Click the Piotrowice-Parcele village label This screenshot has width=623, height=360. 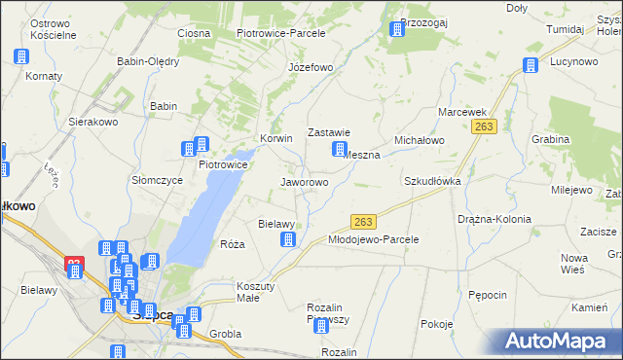click(280, 33)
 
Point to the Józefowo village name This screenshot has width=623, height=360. click(311, 68)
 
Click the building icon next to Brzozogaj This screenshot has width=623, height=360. click(397, 29)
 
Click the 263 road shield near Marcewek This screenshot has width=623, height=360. click(486, 126)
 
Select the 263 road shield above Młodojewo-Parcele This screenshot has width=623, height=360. click(363, 222)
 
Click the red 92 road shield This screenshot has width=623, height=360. click(75, 264)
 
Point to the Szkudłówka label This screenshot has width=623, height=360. click(432, 182)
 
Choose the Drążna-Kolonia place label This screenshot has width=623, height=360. click(495, 219)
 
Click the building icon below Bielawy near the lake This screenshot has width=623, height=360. click(287, 239)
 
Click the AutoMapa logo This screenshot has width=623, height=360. click(560, 341)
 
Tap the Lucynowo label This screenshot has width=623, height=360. click(573, 60)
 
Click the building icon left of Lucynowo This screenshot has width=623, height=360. click(530, 66)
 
